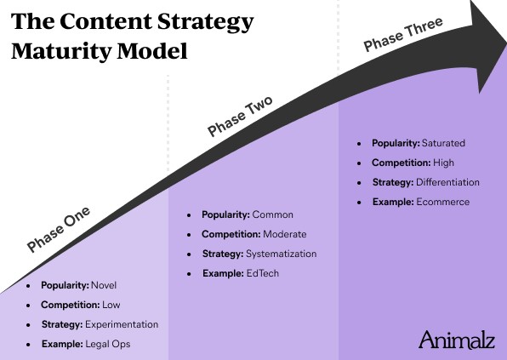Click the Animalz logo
[457, 340]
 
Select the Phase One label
[59, 229]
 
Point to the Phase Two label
[240, 116]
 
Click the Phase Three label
[403, 34]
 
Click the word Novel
[104, 285]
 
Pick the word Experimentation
[122, 324]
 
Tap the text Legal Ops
[108, 344]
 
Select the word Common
[272, 214]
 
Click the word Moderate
[285, 234]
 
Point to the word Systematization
[282, 254]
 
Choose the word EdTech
[263, 273]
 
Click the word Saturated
[443, 143]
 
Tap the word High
[444, 163]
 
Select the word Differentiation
[447, 182]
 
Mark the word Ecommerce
[443, 202]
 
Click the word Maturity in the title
[61, 52]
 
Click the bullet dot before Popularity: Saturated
[359, 144]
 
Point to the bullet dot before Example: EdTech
[189, 274]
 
